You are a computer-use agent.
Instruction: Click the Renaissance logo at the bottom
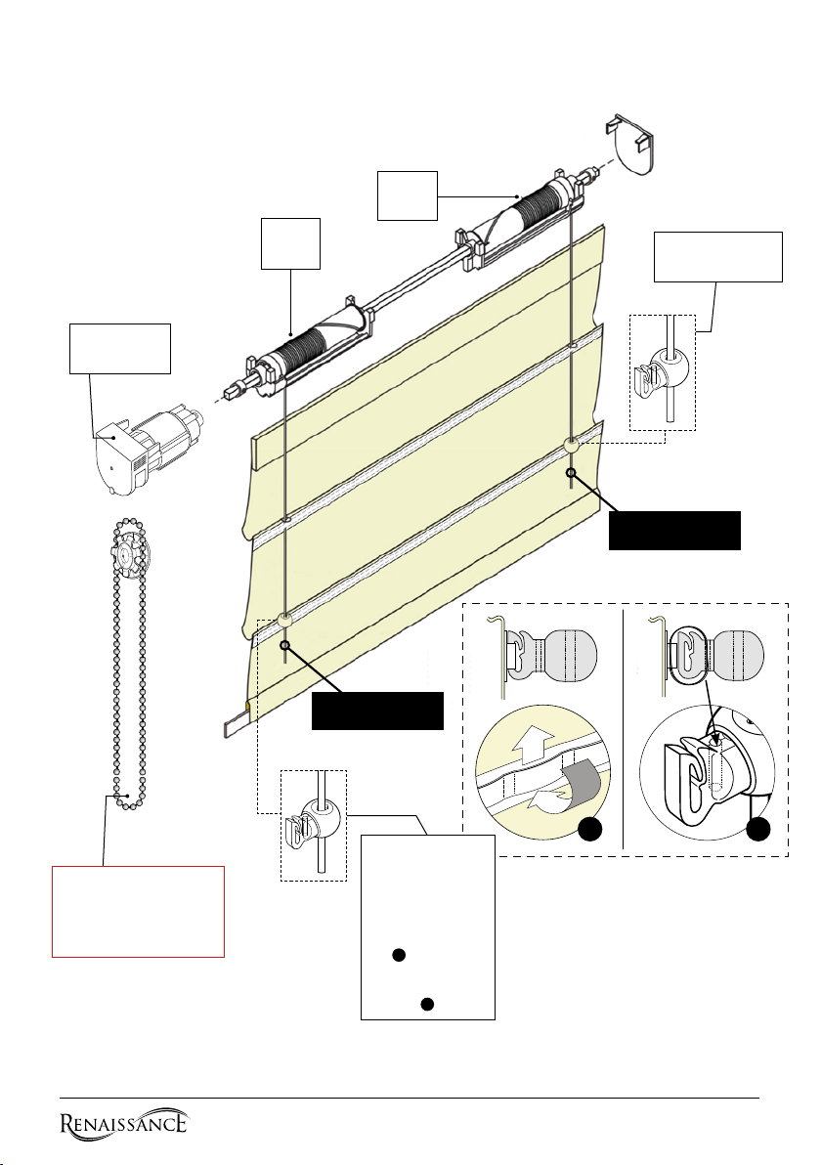coord(123,1122)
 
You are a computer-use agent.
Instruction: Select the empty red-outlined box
coord(138,912)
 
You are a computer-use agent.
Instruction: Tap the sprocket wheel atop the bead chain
coord(132,553)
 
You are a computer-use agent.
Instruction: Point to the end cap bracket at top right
coord(632,144)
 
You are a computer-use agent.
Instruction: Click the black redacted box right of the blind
coord(674,531)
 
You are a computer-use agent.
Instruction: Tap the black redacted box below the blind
coord(377,712)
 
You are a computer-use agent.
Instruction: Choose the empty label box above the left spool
coord(290,243)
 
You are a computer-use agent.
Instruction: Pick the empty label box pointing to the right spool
coord(408,196)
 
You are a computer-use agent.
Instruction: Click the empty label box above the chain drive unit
coord(119,349)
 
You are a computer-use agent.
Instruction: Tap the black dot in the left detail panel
coord(590,830)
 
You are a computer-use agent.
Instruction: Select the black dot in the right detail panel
coord(757,830)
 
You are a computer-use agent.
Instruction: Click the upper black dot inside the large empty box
coord(399,956)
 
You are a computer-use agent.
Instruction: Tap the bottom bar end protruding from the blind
coord(237,722)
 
